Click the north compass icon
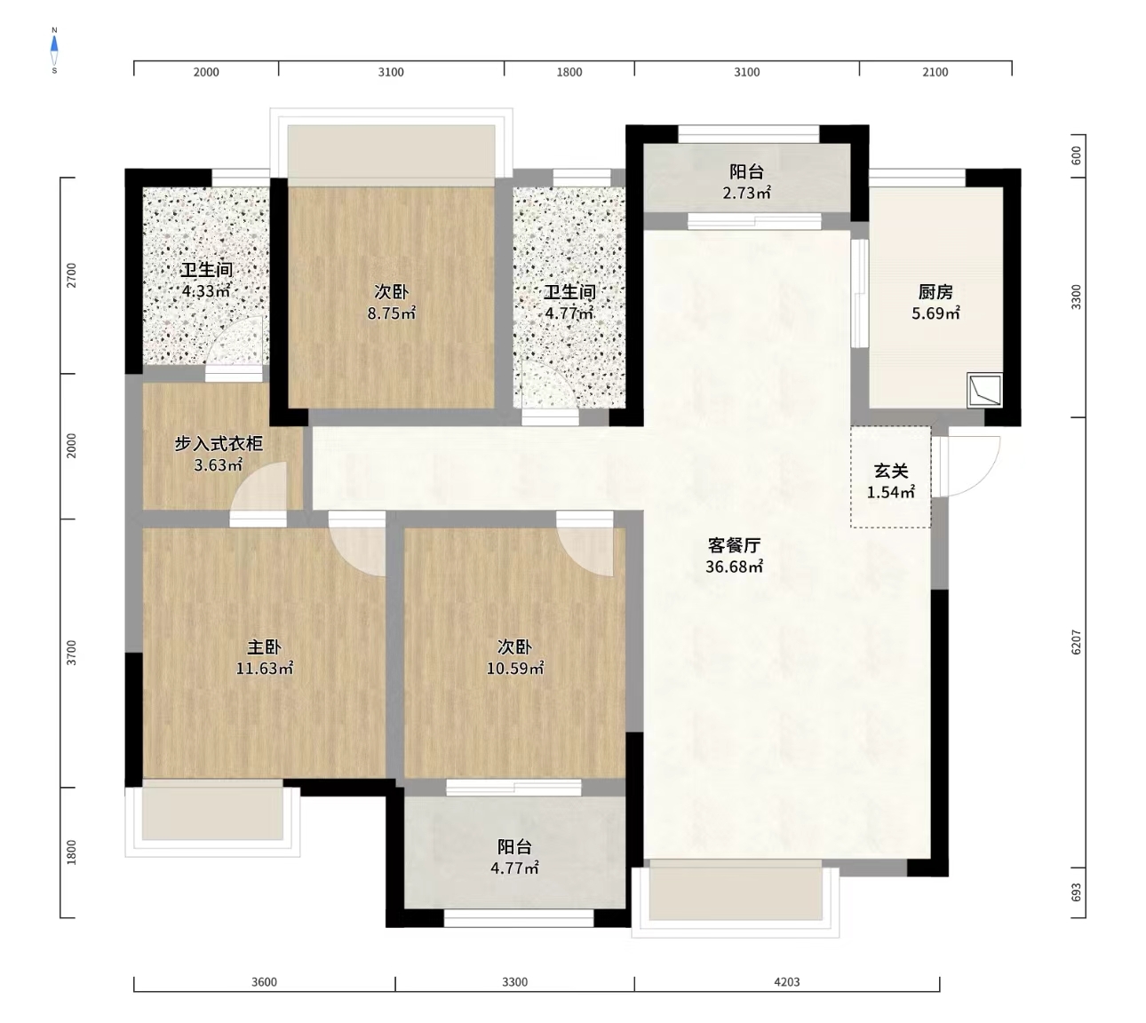pos(54,50)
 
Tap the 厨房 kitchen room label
pos(935,291)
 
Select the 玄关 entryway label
pos(890,471)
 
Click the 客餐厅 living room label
pos(734,545)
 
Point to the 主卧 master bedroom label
pos(264,647)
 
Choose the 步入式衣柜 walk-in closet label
pos(218,443)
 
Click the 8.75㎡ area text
pos(391,313)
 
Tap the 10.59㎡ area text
pos(514,669)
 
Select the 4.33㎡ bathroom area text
pos(206,291)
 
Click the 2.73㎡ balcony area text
pos(746,193)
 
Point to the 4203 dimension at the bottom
pos(786,981)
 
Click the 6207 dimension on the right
pos(1076,643)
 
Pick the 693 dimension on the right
pos(1076,892)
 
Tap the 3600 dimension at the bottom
pos(264,981)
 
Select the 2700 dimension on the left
pos(72,275)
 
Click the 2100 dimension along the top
pos(935,72)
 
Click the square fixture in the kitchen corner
pos(984,390)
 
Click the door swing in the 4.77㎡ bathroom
pos(551,387)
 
